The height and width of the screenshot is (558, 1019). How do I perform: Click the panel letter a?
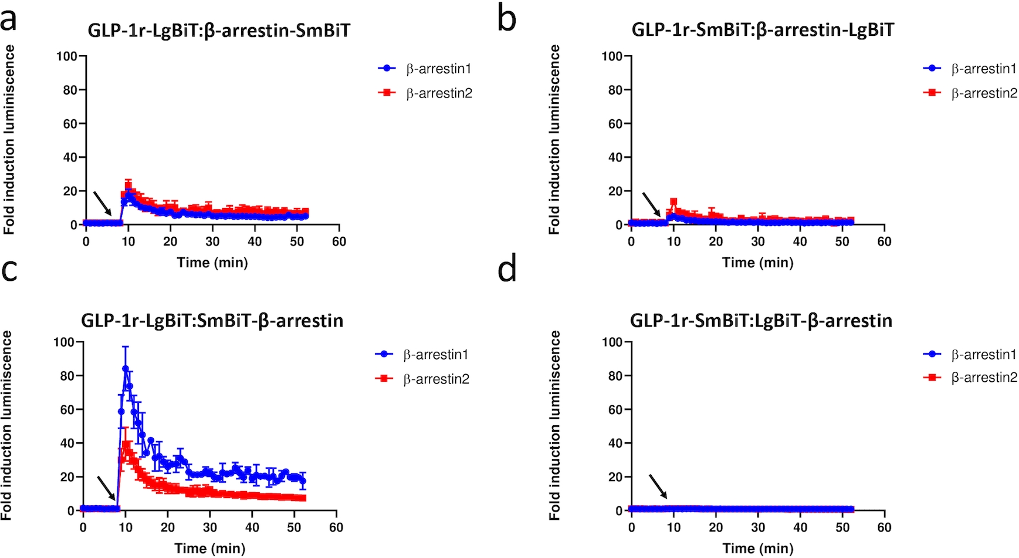coord(9,19)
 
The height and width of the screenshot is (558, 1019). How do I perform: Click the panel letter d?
coord(507,270)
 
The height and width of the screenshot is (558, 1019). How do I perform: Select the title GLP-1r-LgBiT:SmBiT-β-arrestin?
coord(212,321)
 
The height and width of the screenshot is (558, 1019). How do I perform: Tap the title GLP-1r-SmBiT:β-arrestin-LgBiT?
coord(763,30)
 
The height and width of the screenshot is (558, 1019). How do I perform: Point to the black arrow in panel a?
coord(103,203)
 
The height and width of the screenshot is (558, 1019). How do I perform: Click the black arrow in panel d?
coord(658,486)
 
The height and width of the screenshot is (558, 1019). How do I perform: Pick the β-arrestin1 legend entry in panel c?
coord(424,355)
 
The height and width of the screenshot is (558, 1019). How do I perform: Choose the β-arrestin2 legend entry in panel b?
coord(971,93)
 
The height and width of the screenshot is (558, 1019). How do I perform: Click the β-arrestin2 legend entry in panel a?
coord(426,93)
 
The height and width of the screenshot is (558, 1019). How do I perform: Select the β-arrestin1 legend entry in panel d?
coord(971,355)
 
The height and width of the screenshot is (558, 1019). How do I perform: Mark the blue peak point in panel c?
coord(126,369)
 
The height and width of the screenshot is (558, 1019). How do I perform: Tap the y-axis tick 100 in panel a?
coord(67,56)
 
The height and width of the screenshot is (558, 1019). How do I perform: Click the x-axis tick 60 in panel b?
coord(884,241)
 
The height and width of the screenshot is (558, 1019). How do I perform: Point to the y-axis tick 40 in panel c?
coord(67,443)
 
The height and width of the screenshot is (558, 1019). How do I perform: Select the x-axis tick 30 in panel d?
coord(758,527)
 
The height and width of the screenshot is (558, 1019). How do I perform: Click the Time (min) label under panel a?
coord(212,263)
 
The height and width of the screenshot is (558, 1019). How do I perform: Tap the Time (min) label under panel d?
coord(758,549)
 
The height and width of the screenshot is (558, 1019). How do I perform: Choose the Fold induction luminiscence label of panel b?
coord(554,140)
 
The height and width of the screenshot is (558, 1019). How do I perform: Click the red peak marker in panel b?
coord(673,202)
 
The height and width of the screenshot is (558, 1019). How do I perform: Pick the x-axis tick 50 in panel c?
coord(294,527)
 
